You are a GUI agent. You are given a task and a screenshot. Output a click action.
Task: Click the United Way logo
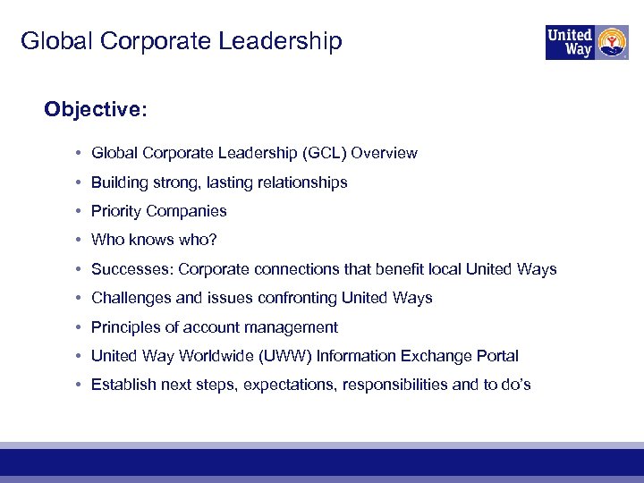[x=587, y=42]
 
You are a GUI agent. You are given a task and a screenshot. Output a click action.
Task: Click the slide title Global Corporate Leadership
[x=181, y=41]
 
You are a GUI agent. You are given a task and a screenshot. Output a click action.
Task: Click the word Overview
[x=384, y=153]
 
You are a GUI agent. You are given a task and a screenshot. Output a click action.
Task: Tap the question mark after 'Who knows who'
[x=213, y=241]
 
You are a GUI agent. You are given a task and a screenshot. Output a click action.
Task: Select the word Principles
[x=124, y=327]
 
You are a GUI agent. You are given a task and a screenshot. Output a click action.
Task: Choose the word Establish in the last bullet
[x=123, y=385]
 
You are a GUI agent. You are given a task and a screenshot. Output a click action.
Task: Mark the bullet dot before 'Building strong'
[x=80, y=182]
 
